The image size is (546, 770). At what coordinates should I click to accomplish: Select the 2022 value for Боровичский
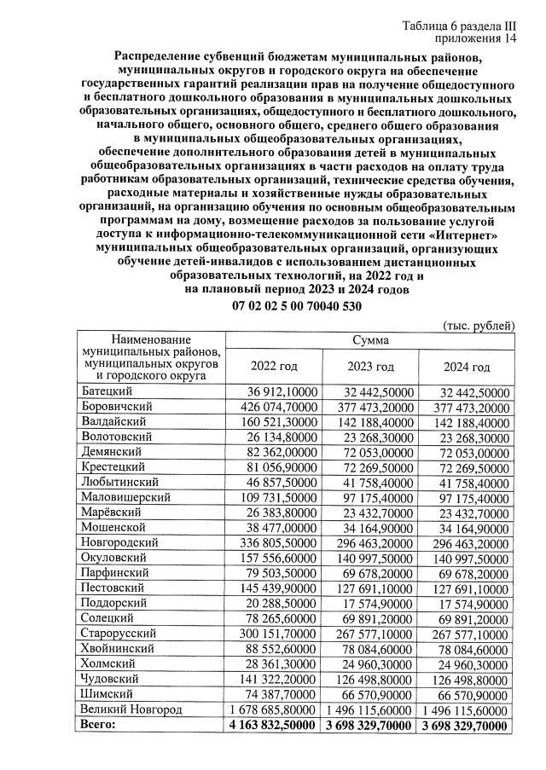pos(274,407)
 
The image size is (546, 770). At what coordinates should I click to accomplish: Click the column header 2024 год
pos(467,367)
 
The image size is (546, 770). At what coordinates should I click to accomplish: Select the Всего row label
pos(98,726)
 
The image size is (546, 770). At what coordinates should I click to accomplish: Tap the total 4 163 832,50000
pos(274,726)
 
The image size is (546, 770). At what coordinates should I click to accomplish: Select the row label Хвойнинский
pos(117,648)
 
